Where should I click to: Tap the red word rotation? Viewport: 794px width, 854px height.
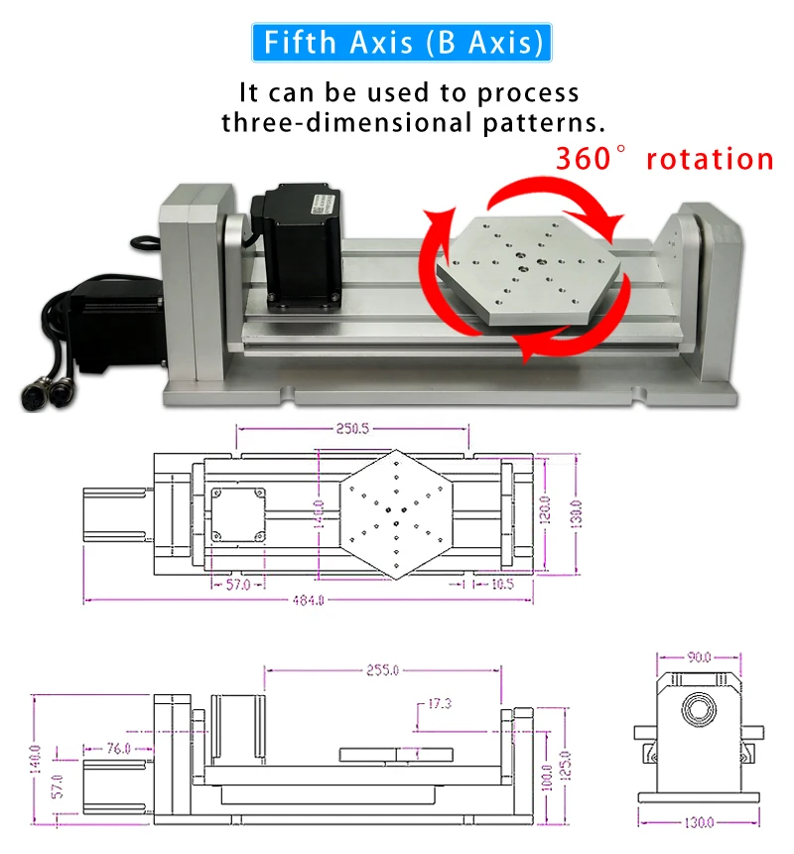(x=709, y=159)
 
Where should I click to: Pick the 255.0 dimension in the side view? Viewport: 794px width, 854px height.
(x=380, y=670)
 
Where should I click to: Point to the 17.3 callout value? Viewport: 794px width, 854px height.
(x=439, y=704)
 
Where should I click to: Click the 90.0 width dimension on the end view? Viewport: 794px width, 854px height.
(x=699, y=656)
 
